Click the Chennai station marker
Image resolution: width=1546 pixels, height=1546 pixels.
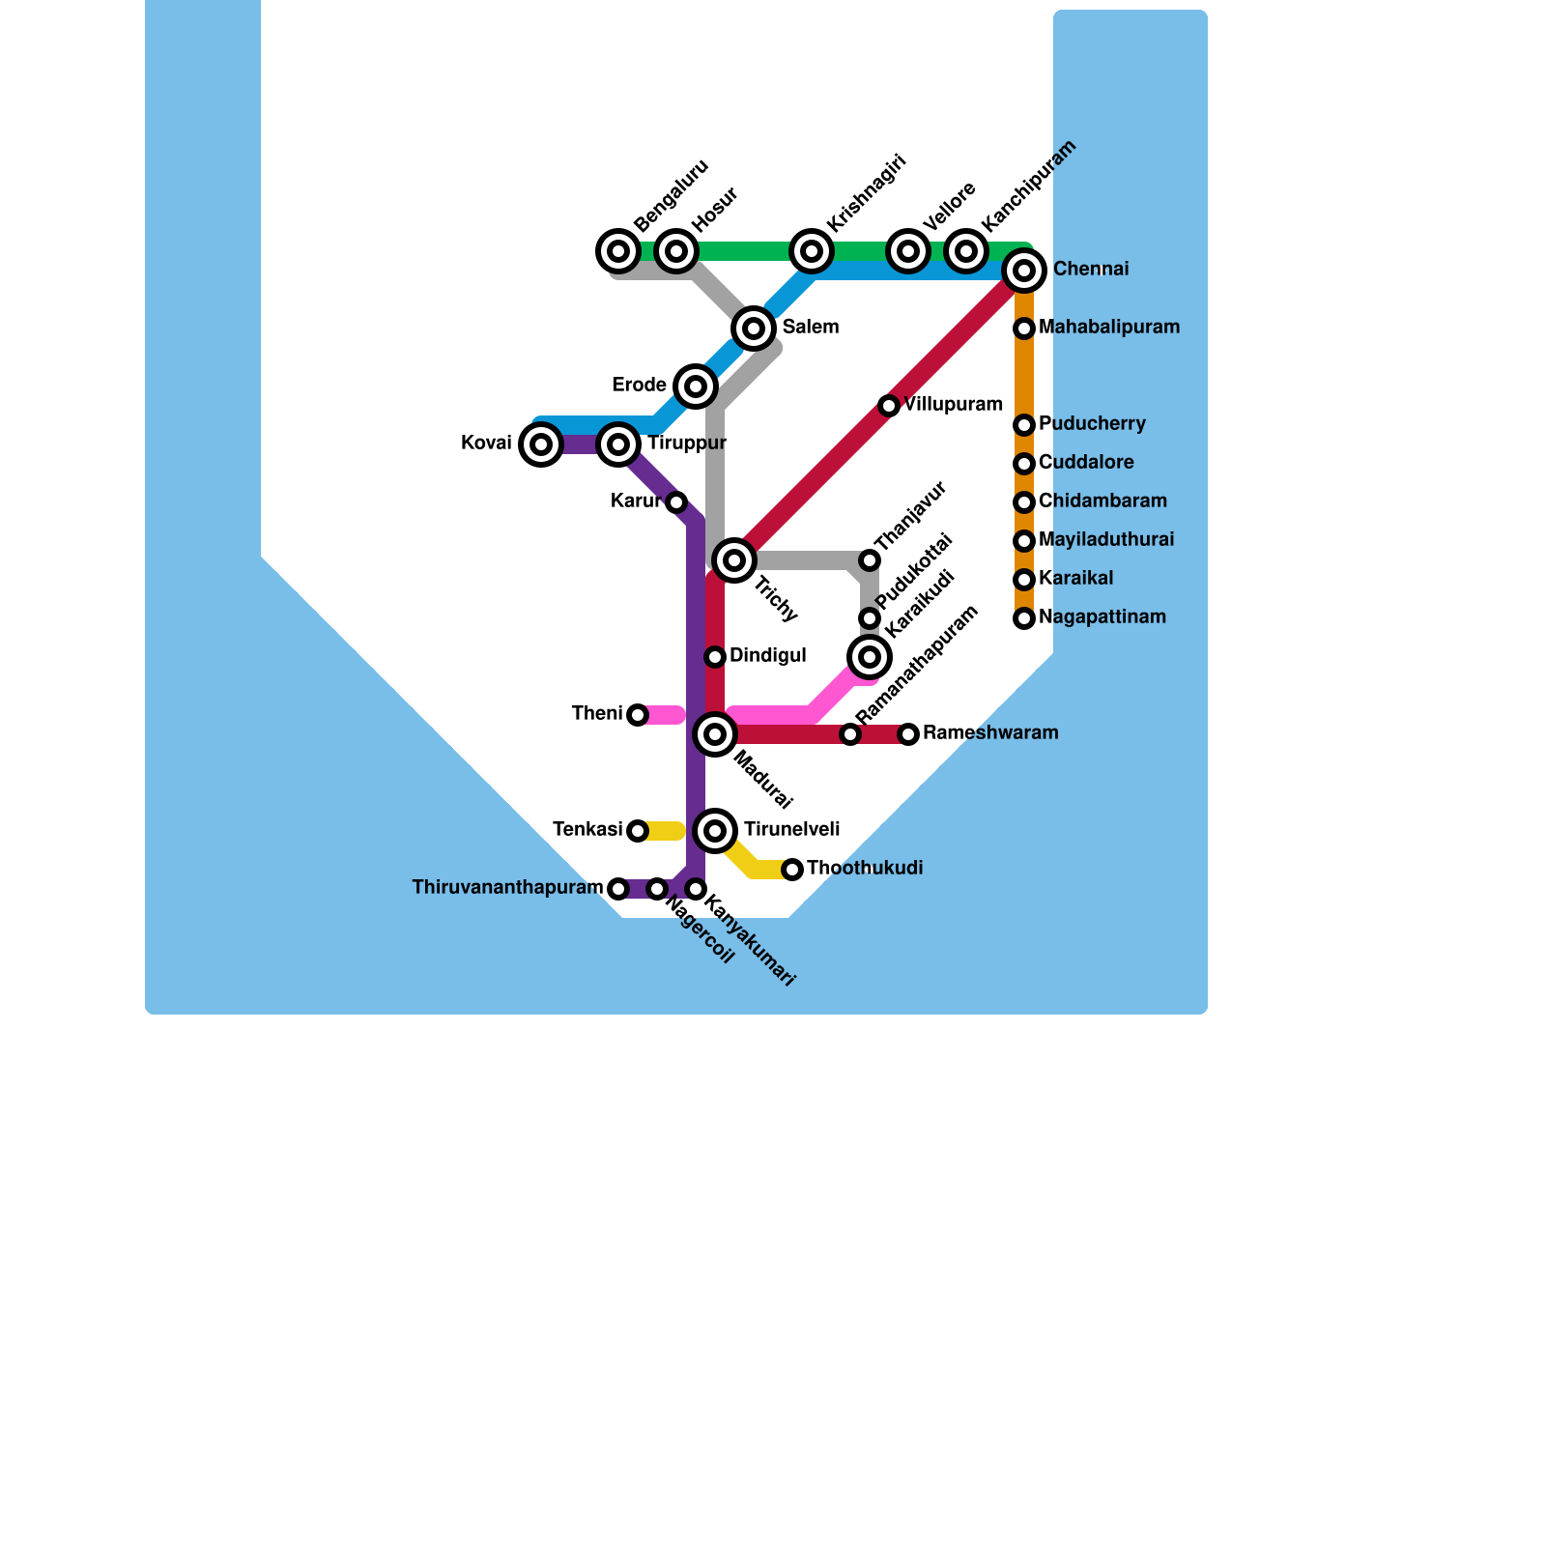pos(1024,271)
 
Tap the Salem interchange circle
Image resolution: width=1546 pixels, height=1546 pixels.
pos(754,329)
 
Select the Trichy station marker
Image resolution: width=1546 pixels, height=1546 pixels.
pos(734,560)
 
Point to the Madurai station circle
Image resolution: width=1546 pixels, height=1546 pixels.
pos(715,734)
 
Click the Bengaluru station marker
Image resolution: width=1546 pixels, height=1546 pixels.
pos(618,251)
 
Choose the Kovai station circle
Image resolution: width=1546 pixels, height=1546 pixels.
pos(541,444)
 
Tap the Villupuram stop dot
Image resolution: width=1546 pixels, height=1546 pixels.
pos(889,406)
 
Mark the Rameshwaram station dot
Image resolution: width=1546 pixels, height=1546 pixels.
pos(908,734)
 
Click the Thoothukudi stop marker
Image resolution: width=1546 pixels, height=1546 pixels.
pos(792,870)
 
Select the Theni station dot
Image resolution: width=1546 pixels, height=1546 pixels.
pos(638,715)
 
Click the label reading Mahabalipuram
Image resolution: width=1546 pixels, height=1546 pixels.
pos(1109,328)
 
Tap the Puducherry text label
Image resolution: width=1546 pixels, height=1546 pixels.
pos(1092,424)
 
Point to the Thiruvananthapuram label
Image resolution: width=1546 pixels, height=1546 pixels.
pos(507,888)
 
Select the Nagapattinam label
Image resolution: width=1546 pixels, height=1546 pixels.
pos(1102,617)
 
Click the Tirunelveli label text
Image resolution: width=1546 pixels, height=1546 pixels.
pos(791,830)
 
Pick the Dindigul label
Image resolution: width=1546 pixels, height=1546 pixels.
pos(767,656)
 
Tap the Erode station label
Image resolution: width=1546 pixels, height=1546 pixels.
pos(639,386)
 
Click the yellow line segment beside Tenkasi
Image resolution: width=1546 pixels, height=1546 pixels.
pos(665,831)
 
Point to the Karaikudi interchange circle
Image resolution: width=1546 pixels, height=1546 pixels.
pos(870,657)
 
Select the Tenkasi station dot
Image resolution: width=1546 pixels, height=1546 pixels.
pos(638,831)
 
